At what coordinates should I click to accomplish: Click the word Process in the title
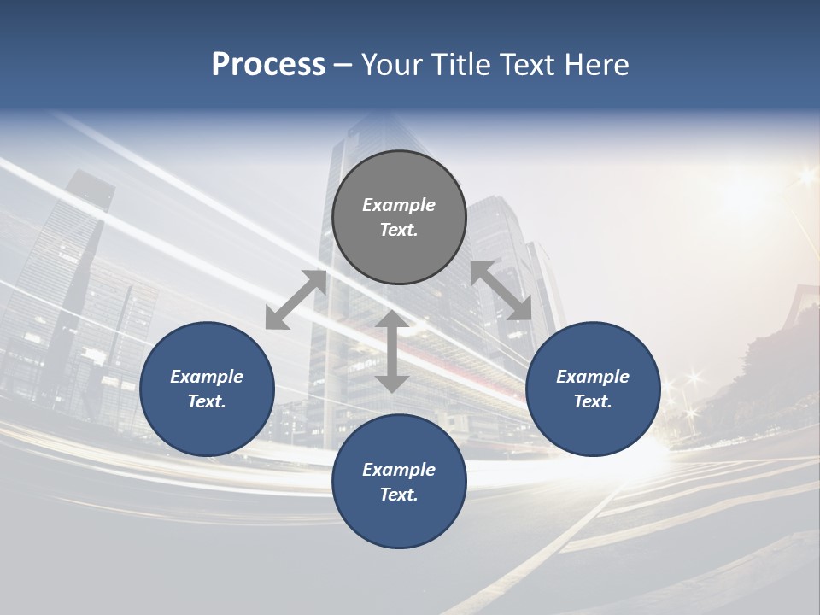click(x=268, y=65)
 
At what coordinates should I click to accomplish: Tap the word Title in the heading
click(x=462, y=65)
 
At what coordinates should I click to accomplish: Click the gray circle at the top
click(x=399, y=218)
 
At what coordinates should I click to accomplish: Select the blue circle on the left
click(x=207, y=389)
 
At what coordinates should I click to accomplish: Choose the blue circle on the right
click(x=593, y=389)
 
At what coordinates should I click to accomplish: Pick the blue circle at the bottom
click(x=399, y=482)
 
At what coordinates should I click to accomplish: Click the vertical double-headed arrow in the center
click(x=392, y=351)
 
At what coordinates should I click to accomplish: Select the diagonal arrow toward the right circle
click(x=501, y=290)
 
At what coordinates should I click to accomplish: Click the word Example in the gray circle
click(x=399, y=205)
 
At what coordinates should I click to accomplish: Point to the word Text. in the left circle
click(x=207, y=401)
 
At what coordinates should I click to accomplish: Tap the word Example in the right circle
click(x=593, y=377)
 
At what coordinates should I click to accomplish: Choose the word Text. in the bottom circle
click(x=399, y=495)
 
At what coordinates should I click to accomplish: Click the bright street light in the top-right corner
click(x=805, y=178)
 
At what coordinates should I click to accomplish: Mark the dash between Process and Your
click(x=343, y=65)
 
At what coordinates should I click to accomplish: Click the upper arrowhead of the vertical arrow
click(x=392, y=320)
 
